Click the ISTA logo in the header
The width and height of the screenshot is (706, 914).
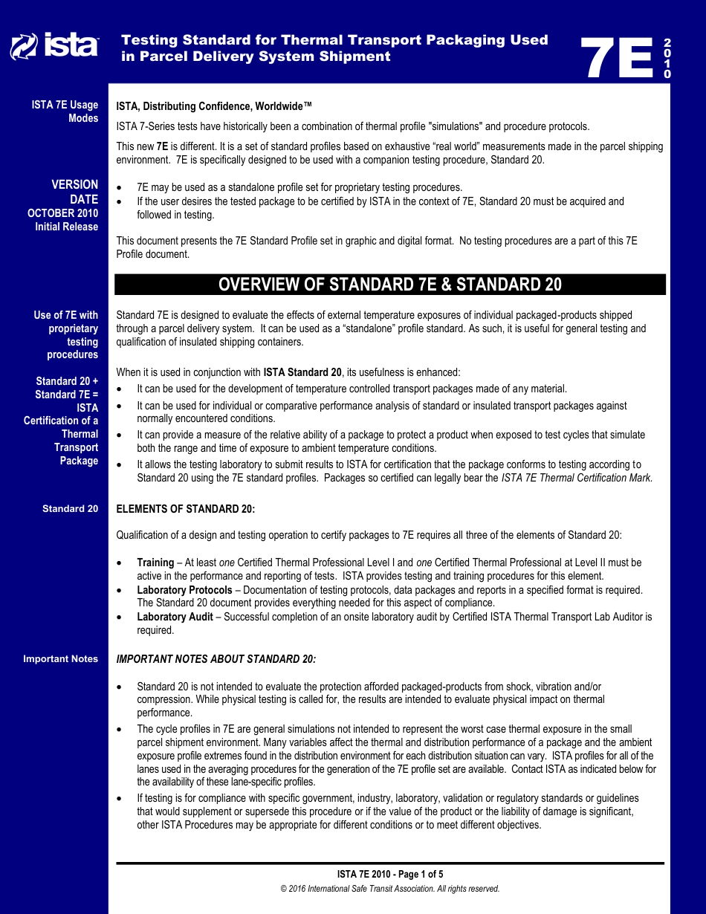54,47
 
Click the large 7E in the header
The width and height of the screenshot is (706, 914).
617,58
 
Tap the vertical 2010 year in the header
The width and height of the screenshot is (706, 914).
667,58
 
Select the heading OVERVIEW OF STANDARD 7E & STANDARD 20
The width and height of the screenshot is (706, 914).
390,285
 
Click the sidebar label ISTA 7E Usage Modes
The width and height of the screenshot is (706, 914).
65,111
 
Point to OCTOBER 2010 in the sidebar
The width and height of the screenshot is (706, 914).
62,213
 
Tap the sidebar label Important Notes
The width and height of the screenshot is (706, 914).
60,659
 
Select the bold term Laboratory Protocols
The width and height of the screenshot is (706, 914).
184,590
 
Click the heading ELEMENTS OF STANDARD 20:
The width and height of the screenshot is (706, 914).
186,509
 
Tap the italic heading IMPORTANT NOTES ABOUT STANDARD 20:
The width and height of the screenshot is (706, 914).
216,659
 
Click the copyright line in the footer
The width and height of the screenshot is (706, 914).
389,889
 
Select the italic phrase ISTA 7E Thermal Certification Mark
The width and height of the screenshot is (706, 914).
577,478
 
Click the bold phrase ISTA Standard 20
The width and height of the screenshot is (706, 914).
302,372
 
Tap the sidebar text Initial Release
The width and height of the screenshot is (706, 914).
66,227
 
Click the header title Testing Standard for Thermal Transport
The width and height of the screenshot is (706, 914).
334,40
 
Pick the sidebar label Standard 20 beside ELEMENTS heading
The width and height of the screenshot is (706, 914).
70,509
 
